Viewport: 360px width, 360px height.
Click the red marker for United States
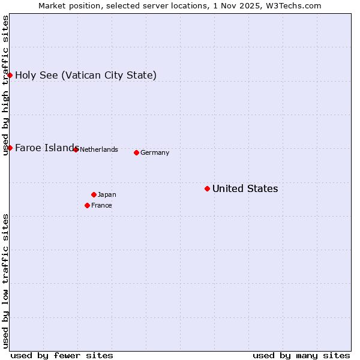point(207,188)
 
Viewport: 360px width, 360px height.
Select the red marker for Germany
point(136,152)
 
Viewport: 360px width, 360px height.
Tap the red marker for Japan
point(94,194)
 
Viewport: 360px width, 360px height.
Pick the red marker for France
point(87,205)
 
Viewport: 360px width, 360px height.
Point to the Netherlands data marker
point(76,149)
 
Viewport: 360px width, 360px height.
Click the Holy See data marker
point(10,75)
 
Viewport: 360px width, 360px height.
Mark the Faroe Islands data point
point(10,148)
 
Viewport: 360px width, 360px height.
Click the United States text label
point(245,189)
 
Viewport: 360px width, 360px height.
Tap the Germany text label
point(155,153)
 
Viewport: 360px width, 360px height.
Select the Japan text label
point(107,195)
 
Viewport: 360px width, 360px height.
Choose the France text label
point(101,206)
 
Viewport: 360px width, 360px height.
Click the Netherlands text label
point(99,150)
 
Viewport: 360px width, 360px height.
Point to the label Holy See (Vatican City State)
point(86,76)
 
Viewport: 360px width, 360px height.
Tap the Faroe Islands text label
point(46,148)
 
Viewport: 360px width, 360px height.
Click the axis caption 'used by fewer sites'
point(62,355)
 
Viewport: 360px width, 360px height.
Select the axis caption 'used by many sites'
point(301,355)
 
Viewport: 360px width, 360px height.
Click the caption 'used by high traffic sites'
point(5,85)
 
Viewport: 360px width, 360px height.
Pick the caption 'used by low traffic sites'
point(5,281)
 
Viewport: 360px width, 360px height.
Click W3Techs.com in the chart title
point(295,5)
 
